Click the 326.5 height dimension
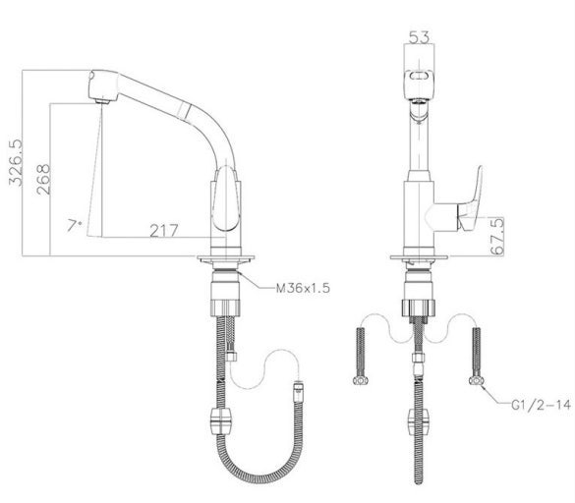(16, 162)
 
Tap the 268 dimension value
(43, 179)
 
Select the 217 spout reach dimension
(164, 231)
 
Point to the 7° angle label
(74, 225)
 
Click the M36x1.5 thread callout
(303, 288)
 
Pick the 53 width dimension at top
(419, 36)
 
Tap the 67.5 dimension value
(497, 236)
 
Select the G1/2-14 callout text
(542, 405)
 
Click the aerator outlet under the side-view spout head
(102, 101)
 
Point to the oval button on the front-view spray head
(419, 77)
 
